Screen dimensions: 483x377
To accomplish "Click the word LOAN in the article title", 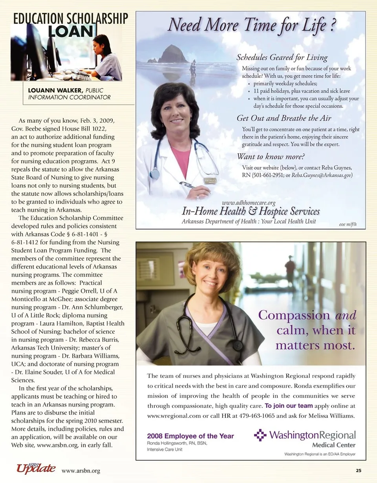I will (71, 31).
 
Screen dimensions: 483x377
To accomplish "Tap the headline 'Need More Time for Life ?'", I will (251, 25).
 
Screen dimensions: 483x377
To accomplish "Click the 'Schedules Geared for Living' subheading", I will (282, 58).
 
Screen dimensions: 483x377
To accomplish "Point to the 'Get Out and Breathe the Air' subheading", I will (284, 118).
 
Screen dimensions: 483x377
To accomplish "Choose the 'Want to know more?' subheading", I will (271, 157).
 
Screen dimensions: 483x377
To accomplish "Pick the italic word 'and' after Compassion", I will (346, 315).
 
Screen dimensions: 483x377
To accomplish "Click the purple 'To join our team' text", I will (289, 406).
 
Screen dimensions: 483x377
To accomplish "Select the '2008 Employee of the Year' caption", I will (190, 436).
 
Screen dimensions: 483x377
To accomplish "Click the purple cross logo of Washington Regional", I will (260, 435).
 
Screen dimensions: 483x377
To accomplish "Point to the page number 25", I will (359, 470).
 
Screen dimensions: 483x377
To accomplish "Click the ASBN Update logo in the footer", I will (36, 468).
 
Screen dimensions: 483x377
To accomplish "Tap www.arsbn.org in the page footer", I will (81, 471).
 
